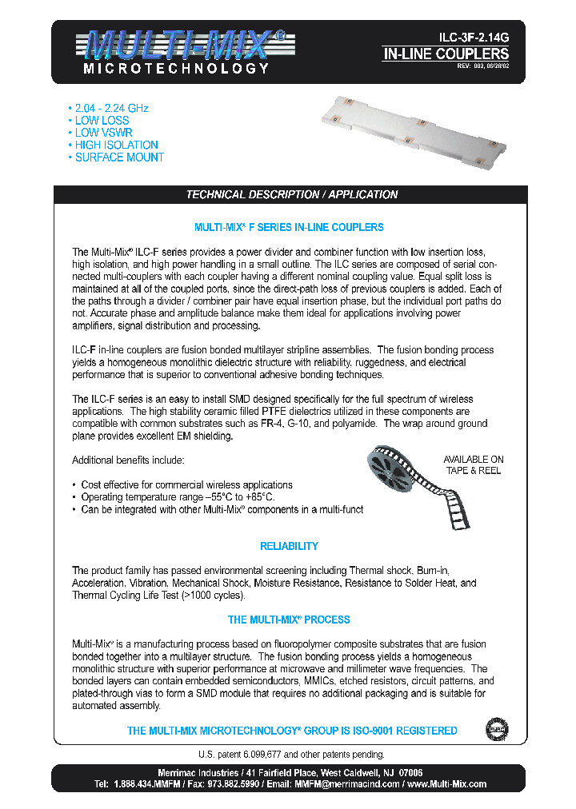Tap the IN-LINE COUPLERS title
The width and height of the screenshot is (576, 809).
[x=446, y=54]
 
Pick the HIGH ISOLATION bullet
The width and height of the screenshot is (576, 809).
[x=116, y=145]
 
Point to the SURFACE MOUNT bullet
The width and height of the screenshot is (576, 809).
[x=119, y=157]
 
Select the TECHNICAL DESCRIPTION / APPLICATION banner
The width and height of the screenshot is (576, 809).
[x=291, y=194]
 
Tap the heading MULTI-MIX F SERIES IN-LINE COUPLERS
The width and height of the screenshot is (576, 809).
[x=289, y=228]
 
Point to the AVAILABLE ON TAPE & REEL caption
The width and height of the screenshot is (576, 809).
[x=474, y=465]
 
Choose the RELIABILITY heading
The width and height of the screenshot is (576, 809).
[x=289, y=547]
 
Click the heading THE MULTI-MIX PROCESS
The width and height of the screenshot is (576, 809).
[x=289, y=620]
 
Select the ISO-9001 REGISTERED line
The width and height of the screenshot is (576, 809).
[x=292, y=731]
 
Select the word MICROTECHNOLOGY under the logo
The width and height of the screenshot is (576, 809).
[x=176, y=69]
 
